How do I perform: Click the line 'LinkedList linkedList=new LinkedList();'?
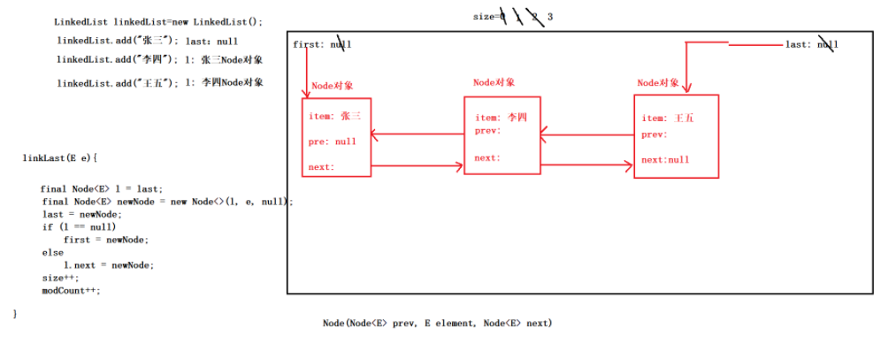click(158, 21)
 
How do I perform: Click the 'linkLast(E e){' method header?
click(59, 158)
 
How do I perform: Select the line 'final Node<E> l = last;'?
click(102, 189)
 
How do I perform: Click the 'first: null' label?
click(322, 44)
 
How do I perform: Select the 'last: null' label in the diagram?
click(811, 44)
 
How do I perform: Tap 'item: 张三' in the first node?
click(335, 116)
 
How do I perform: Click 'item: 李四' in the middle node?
click(501, 118)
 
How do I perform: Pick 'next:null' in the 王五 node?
click(665, 160)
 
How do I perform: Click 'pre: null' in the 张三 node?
click(332, 142)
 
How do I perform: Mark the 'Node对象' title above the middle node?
click(494, 82)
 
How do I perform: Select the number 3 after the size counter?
click(550, 17)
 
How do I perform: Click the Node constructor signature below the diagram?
click(437, 324)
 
